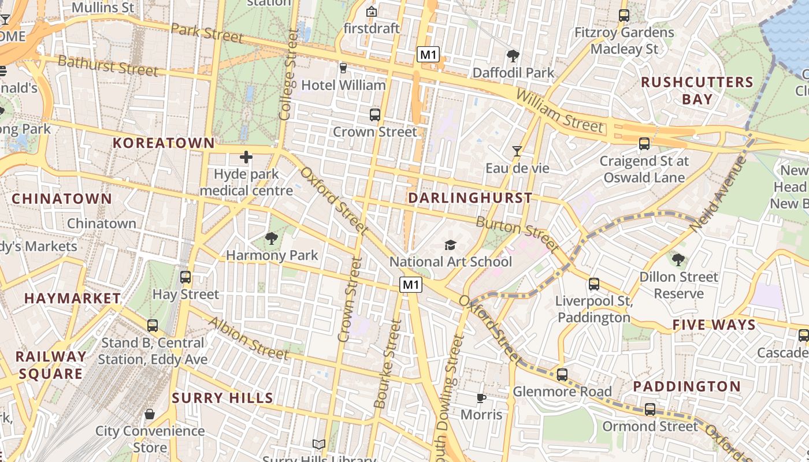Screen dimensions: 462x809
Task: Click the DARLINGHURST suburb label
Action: [470, 198]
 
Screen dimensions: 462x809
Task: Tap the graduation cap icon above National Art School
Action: [450, 245]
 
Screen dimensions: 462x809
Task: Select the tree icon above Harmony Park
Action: [271, 238]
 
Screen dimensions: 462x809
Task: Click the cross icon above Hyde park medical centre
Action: [246, 157]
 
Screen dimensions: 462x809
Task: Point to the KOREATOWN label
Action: [164, 143]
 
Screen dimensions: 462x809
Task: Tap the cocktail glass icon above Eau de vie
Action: [517, 151]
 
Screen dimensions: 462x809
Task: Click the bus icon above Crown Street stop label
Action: [375, 114]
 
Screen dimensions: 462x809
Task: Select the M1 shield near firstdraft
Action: [428, 55]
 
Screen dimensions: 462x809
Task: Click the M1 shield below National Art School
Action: [410, 284]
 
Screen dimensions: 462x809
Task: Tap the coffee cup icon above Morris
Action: [481, 398]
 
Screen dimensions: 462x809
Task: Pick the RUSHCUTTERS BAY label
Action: [697, 91]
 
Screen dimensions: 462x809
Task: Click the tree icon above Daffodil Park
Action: [513, 55]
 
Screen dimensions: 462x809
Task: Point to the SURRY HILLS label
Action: [222, 398]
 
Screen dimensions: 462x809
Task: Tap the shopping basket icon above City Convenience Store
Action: [150, 414]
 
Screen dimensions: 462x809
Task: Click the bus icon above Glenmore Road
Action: [562, 374]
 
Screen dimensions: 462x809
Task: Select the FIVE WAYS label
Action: [714, 325]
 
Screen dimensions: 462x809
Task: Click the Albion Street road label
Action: [248, 337]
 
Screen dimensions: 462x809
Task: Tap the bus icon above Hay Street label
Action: [185, 277]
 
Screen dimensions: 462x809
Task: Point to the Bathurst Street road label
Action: [108, 66]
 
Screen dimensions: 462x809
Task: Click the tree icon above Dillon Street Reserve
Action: [678, 260]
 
